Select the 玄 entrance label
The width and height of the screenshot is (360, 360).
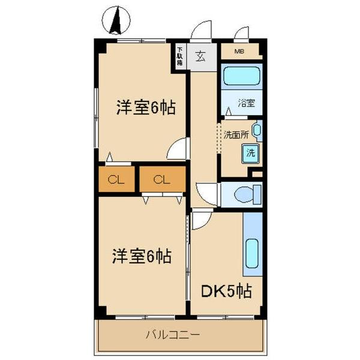click(201, 58)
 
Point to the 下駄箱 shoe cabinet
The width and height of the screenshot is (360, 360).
click(179, 57)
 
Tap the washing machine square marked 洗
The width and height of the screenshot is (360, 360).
click(250, 152)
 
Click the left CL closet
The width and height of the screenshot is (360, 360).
click(116, 179)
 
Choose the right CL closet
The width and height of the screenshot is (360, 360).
click(160, 179)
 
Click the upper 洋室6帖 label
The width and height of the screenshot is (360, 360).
click(146, 109)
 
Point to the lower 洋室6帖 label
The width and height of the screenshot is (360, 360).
click(142, 256)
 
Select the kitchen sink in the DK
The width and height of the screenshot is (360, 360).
click(252, 257)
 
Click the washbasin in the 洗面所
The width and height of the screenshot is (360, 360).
click(257, 130)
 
